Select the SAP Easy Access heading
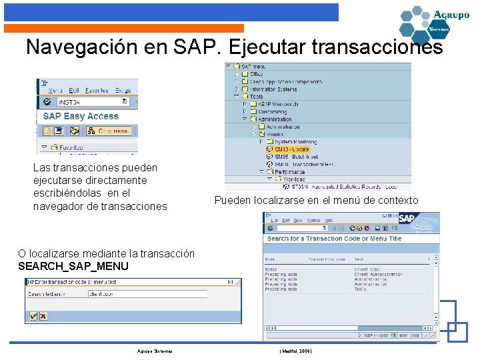81,116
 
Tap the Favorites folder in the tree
70,147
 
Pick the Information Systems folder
273,89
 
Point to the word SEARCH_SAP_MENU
73,267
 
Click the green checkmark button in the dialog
33,316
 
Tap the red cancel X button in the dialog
43,316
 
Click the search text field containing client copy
147,294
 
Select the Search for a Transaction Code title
334,239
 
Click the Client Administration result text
378,274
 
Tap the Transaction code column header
327,259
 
